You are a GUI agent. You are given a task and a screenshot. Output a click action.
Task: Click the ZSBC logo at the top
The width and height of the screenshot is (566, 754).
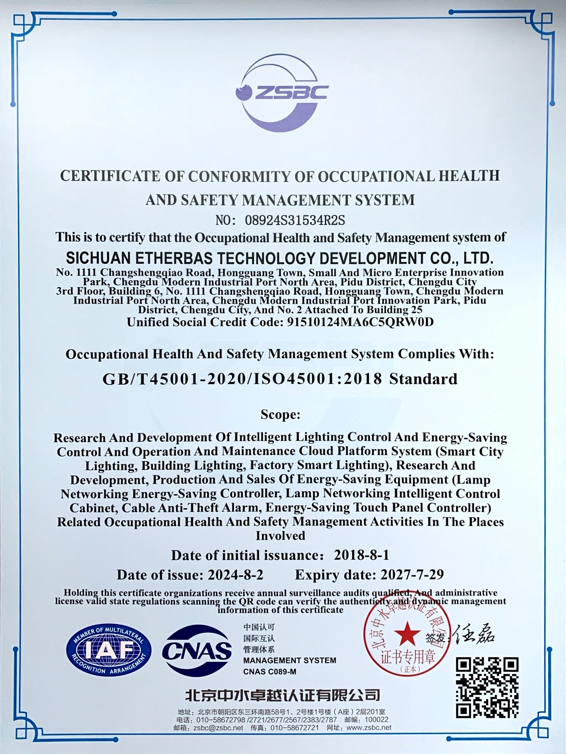(281, 93)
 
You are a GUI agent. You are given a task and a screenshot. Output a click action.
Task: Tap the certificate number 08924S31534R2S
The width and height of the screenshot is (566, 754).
(295, 220)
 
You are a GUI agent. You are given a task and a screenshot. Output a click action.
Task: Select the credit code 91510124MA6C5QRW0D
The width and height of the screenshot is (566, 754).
(360, 322)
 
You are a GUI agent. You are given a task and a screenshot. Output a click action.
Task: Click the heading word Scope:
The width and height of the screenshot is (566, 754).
(280, 414)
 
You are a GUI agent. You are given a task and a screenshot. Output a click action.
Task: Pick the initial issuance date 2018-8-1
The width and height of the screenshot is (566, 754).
(361, 555)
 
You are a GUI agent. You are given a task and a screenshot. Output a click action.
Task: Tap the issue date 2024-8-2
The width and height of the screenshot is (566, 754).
(236, 575)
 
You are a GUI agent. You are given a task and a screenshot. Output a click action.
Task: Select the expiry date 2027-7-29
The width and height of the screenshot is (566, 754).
(412, 575)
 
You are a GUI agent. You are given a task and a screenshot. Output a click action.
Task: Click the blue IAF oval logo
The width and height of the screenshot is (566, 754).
(108, 650)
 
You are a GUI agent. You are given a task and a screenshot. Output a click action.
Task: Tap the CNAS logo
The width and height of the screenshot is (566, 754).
(197, 651)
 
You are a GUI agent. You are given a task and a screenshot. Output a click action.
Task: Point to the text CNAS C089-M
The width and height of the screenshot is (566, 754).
(269, 672)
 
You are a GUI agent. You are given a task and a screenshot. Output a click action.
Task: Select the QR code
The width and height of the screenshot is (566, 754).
(487, 687)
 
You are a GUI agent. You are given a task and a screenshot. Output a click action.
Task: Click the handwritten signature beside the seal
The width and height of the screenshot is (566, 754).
(474, 635)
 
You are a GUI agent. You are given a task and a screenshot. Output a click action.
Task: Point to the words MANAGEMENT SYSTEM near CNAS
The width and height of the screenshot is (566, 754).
(289, 660)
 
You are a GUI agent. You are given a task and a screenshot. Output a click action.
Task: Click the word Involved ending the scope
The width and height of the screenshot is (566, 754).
(280, 536)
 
